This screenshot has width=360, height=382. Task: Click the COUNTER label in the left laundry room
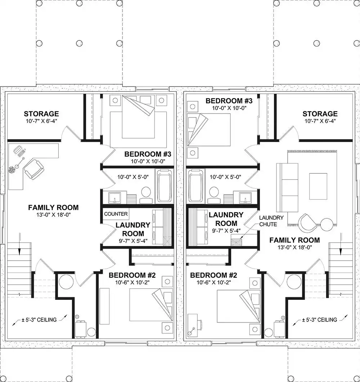pyautogui.click(x=116, y=214)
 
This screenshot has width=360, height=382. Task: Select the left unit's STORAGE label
pyautogui.click(x=41, y=114)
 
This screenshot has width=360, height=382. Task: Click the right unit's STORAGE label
pyautogui.click(x=320, y=114)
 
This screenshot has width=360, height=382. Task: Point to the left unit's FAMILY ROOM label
pyautogui.click(x=53, y=208)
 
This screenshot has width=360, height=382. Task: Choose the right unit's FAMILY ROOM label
pyautogui.click(x=294, y=240)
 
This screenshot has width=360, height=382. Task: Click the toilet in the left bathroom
pyautogui.click(x=146, y=195)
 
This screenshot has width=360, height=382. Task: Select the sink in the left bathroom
pyautogui.click(x=114, y=197)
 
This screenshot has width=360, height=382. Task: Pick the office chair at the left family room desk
pyautogui.click(x=34, y=169)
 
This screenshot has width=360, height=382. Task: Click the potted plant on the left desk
pyautogui.click(x=12, y=170)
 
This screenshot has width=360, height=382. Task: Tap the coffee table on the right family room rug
pyautogui.click(x=318, y=186)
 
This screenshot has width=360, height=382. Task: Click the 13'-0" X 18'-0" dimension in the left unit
pyautogui.click(x=53, y=215)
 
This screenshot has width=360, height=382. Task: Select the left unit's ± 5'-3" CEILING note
pyautogui.click(x=39, y=320)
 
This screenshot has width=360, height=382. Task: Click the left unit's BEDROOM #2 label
pyautogui.click(x=132, y=275)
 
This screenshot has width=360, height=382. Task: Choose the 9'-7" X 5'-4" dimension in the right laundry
pyautogui.click(x=226, y=231)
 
